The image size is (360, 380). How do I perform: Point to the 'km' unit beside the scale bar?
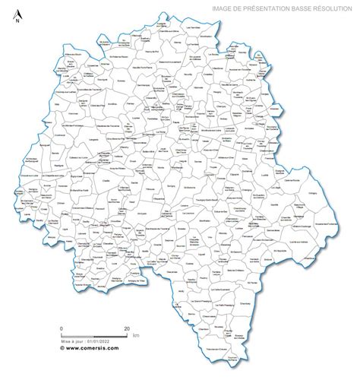tap(135, 336)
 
